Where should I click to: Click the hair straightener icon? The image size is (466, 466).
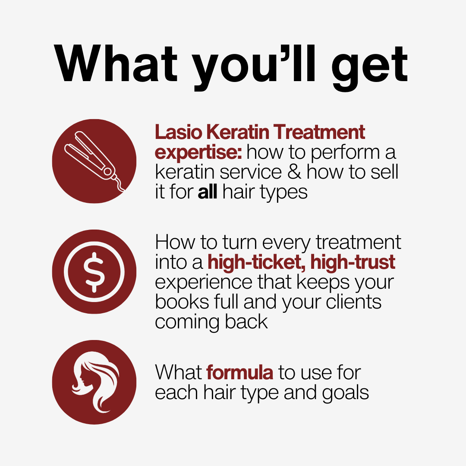(x=94, y=161)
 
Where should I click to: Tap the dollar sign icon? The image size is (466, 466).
(x=94, y=271)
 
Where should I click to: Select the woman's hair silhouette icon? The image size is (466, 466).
(x=94, y=382)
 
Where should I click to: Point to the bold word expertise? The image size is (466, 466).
(x=199, y=152)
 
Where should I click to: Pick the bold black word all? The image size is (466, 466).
(x=207, y=192)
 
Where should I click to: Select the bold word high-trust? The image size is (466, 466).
(x=353, y=262)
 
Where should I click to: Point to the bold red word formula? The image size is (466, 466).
(x=239, y=372)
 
